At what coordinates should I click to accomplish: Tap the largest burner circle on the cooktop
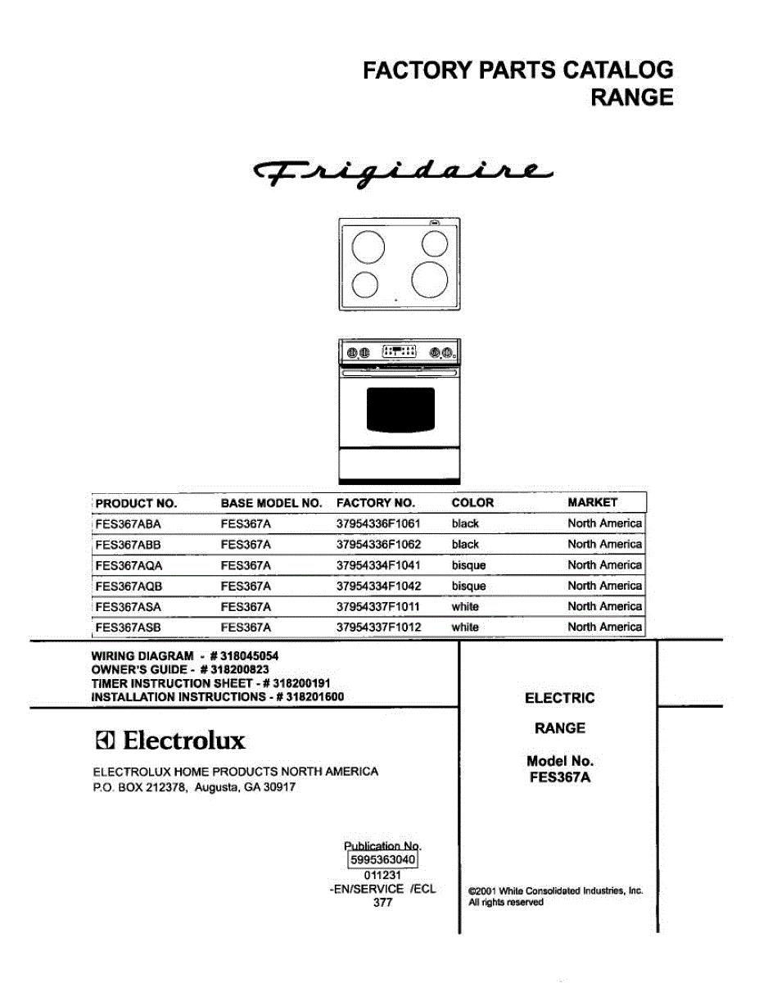click(430, 279)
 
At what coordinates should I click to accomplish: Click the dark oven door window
click(400, 409)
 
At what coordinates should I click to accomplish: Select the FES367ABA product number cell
click(129, 523)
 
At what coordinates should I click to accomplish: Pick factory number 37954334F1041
click(378, 565)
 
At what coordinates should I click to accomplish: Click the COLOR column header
click(472, 502)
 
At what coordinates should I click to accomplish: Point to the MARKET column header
click(593, 502)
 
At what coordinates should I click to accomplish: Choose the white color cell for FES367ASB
click(465, 627)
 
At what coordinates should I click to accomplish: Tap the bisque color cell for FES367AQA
click(468, 565)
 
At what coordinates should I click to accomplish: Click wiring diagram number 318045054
click(255, 656)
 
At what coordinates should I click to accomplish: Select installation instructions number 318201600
click(310, 697)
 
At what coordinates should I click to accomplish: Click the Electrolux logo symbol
click(105, 741)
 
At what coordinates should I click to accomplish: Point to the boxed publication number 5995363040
click(383, 859)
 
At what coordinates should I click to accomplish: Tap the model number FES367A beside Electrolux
click(560, 777)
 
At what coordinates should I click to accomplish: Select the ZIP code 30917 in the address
click(278, 787)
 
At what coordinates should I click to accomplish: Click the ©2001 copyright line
click(555, 890)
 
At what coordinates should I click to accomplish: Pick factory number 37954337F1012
click(378, 627)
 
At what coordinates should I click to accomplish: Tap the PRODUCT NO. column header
click(136, 503)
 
